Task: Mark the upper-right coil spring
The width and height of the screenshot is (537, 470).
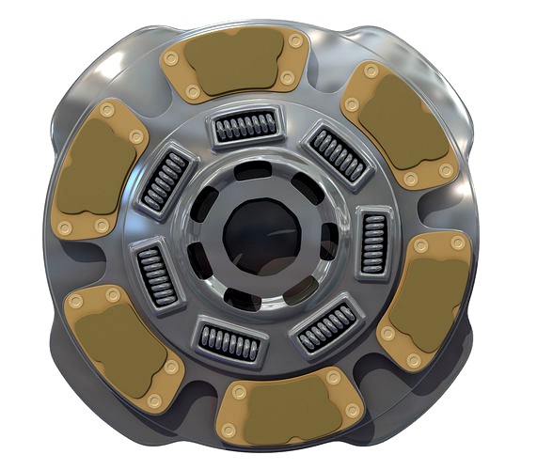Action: click(x=338, y=154)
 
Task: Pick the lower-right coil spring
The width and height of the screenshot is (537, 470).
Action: click(x=327, y=326)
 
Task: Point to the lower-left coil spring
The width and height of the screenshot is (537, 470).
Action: click(x=154, y=274)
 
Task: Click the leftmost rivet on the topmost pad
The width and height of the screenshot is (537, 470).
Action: click(x=170, y=58)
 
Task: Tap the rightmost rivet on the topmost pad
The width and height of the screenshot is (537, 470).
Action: click(x=297, y=42)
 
